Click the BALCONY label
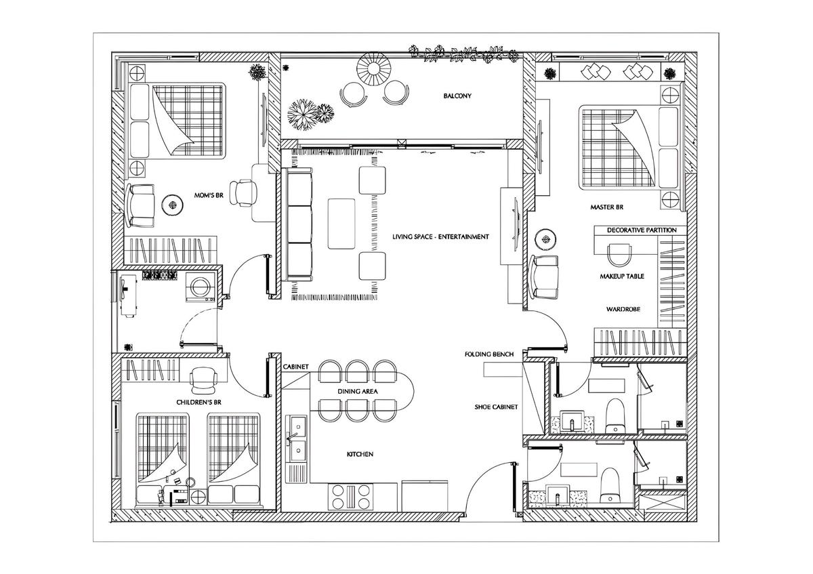[457, 96]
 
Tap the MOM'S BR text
[209, 195]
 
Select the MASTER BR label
[606, 207]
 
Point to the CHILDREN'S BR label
[199, 403]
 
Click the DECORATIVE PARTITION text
[642, 230]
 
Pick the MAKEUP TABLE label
[622, 276]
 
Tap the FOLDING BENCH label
[489, 354]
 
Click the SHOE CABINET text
[496, 407]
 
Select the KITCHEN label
[360, 454]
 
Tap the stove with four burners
[351, 497]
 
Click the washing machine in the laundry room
[199, 287]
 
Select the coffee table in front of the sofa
[341, 224]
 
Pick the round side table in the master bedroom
[546, 239]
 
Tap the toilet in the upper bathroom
[616, 415]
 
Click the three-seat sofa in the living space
[297, 224]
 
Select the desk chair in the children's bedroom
[204, 380]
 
